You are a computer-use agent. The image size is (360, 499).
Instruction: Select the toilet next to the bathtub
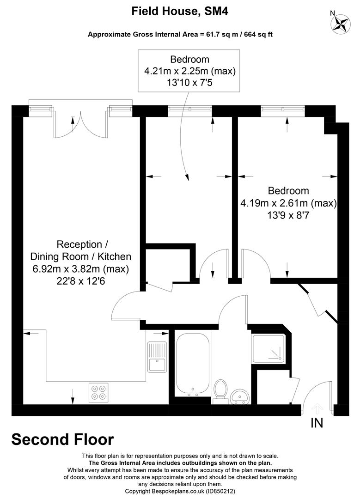click(x=221, y=389)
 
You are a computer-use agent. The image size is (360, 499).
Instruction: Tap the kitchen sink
click(x=157, y=356)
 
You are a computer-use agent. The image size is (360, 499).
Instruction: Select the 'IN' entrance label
click(x=317, y=423)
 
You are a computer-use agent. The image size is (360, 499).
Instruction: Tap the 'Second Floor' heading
click(x=62, y=439)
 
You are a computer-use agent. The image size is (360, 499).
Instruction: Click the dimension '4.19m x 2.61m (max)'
click(x=288, y=203)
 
